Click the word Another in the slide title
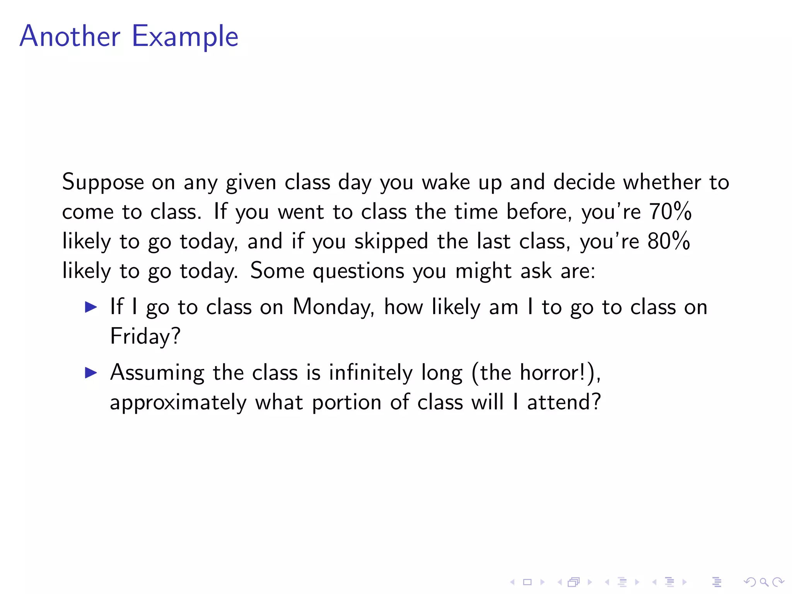(70, 36)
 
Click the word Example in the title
(185, 37)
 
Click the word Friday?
(145, 336)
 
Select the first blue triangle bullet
(91, 307)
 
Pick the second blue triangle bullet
(91, 373)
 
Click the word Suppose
(103, 183)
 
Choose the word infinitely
(371, 373)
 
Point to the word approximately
(178, 403)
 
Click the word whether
(662, 182)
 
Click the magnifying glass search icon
(764, 582)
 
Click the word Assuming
(157, 374)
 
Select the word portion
(347, 403)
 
